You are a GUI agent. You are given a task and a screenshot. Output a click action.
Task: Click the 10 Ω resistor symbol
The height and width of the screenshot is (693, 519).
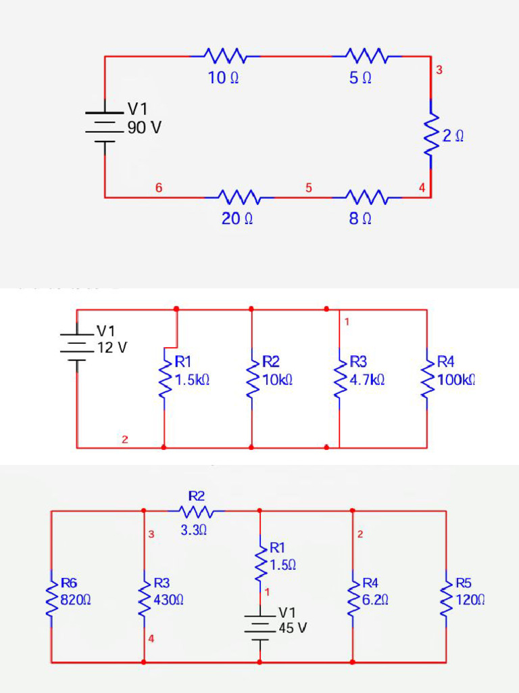[225, 55]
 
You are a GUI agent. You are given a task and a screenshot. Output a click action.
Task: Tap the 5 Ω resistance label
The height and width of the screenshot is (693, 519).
[360, 78]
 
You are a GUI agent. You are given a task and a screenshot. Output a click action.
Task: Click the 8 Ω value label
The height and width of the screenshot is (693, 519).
[360, 219]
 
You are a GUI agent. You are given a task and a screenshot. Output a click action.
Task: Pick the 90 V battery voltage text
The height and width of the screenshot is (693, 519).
[145, 127]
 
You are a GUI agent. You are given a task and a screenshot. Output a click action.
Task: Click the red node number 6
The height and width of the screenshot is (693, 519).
[158, 188]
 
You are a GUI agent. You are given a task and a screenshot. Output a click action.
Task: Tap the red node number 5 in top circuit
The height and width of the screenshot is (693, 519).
[308, 188]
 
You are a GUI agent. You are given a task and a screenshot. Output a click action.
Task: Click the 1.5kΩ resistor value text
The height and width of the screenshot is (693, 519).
[192, 380]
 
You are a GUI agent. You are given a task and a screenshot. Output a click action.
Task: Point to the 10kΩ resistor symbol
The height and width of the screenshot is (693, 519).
[251, 379]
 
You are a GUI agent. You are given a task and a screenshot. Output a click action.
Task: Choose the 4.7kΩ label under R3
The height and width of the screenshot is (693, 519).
[367, 380]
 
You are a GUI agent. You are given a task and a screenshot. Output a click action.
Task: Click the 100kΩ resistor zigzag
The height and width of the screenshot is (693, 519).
[427, 379]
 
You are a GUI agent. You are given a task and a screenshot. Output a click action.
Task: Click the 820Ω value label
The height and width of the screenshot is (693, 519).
[76, 600]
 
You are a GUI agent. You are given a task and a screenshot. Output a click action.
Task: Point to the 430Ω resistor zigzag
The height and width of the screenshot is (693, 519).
[145, 599]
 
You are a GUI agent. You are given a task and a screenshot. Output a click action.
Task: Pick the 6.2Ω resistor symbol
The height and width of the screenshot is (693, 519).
[353, 599]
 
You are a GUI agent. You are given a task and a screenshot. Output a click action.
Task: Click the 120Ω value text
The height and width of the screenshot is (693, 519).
[470, 600]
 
